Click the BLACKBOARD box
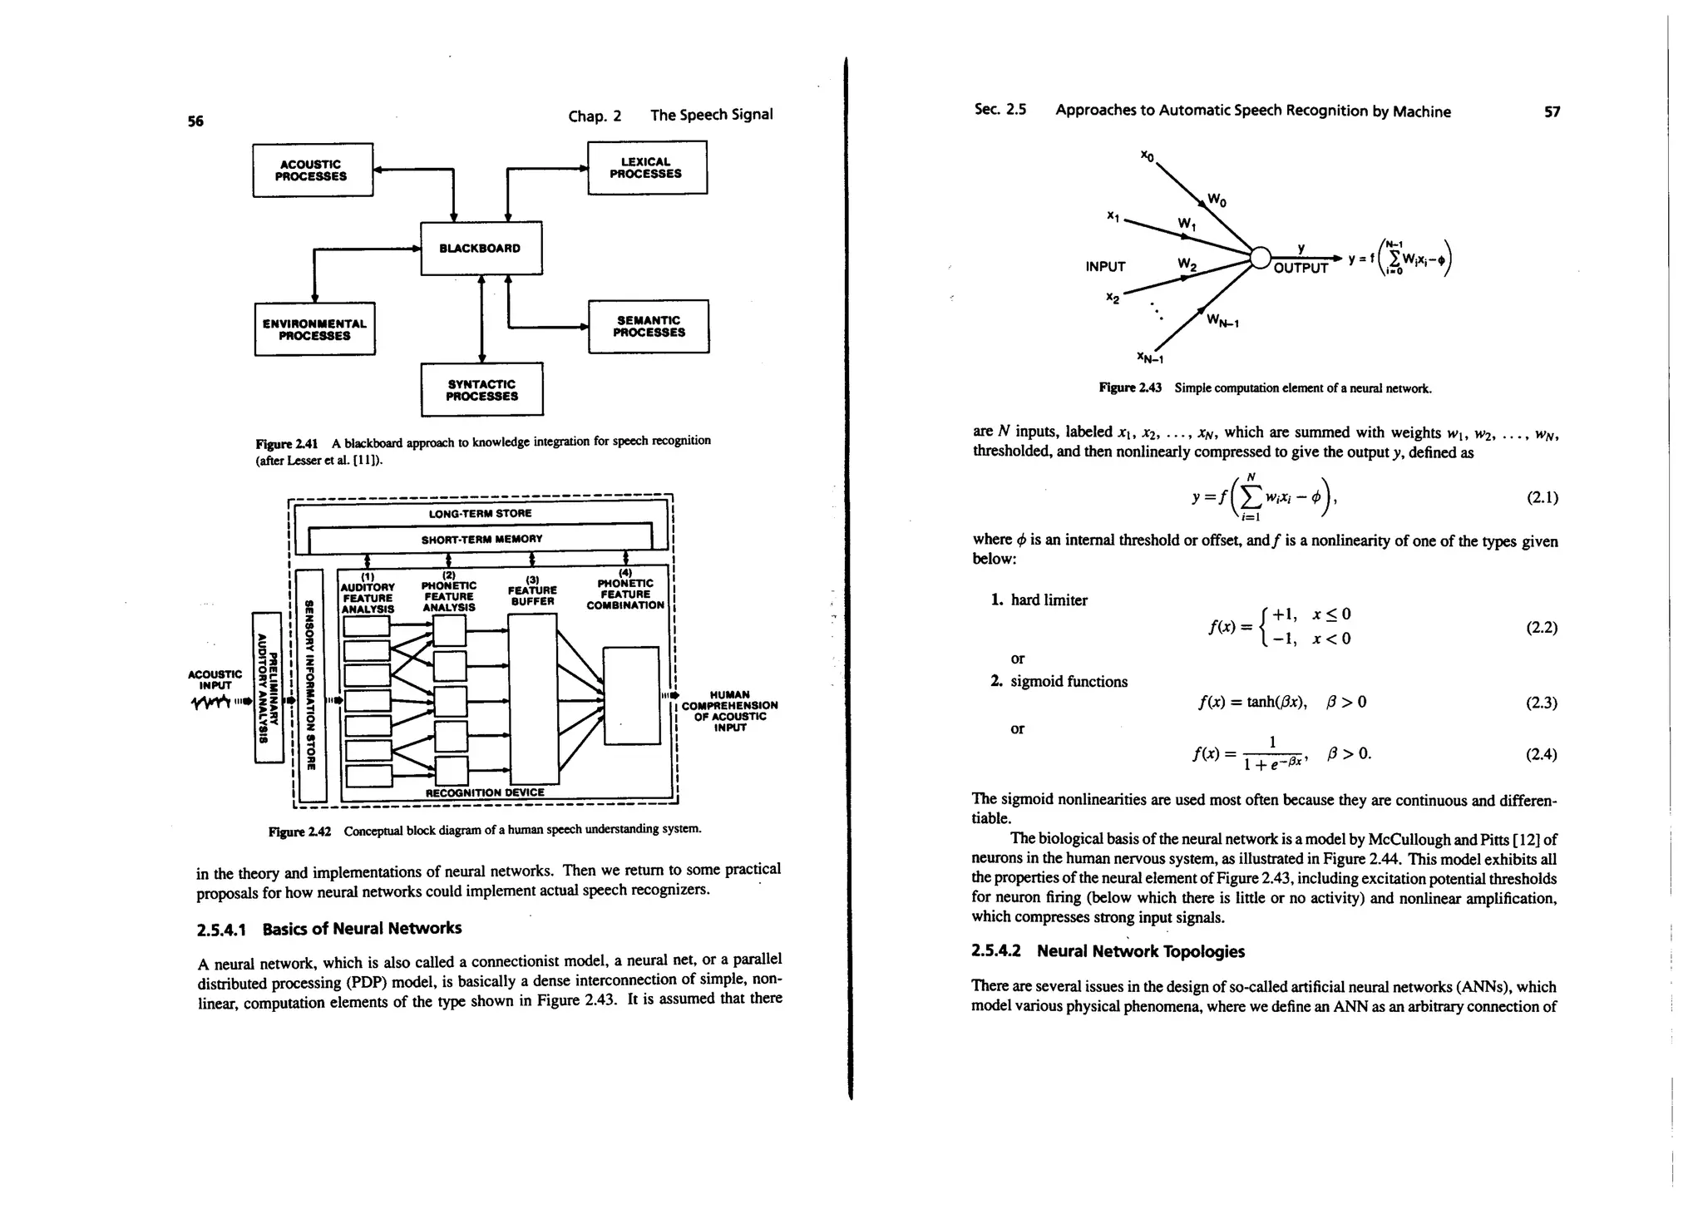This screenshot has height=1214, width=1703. (481, 248)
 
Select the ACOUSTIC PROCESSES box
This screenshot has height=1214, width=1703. (312, 170)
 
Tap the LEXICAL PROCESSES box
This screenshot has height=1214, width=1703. (646, 168)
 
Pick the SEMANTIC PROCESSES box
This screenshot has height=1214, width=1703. (649, 326)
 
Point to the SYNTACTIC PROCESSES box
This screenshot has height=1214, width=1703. (481, 390)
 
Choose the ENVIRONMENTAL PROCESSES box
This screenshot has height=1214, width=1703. (314, 329)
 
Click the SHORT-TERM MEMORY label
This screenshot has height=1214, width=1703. (481, 539)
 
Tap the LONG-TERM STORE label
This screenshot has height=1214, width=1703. (480, 513)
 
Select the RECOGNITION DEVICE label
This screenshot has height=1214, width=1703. (485, 792)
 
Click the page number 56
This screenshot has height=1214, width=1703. (195, 121)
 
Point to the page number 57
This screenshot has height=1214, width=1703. (1552, 112)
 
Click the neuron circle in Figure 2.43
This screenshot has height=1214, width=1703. (1261, 259)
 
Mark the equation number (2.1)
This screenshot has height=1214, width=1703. (1542, 498)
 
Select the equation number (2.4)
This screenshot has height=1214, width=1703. (1542, 754)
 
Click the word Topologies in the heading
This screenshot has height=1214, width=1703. (1199, 951)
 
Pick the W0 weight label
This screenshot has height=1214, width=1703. (1217, 200)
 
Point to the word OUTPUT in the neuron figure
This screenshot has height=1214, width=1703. (1301, 269)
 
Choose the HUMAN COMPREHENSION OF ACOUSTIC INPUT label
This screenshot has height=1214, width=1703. (729, 711)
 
